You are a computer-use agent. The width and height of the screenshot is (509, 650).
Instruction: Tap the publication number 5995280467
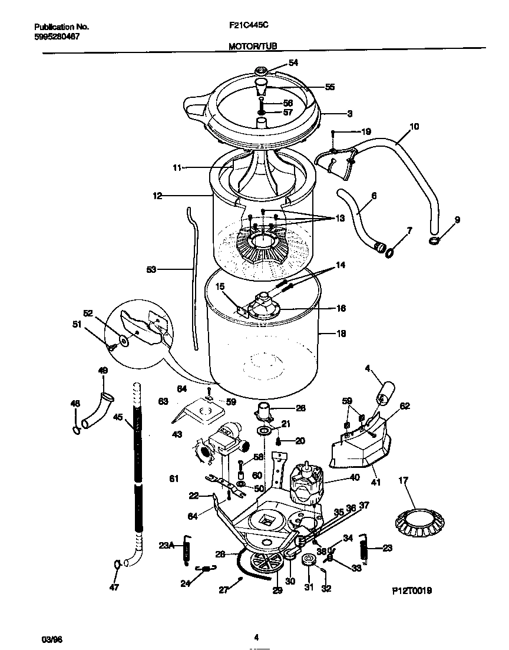coord(57,37)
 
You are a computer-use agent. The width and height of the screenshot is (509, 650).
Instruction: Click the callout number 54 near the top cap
coord(293,63)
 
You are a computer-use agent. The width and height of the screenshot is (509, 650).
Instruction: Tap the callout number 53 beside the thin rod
coord(151,270)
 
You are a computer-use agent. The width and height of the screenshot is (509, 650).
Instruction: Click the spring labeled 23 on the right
coord(363,550)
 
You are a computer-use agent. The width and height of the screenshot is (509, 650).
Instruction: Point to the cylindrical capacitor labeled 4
coord(386,392)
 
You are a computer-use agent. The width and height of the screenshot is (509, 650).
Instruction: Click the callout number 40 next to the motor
coord(355,478)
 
